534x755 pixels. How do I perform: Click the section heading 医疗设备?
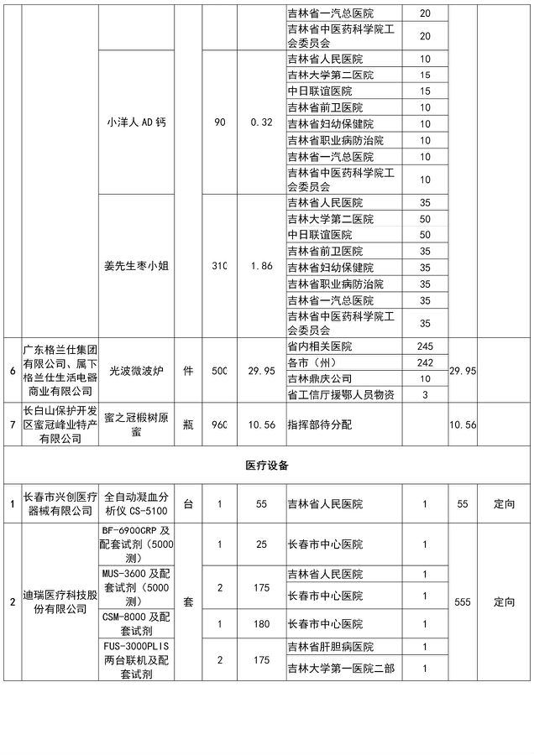coord(266,464)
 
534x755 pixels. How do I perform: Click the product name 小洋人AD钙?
coord(138,122)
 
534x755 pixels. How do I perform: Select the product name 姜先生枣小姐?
coord(138,266)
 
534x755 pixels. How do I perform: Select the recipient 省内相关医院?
coord(319,346)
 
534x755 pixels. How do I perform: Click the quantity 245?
coord(424,346)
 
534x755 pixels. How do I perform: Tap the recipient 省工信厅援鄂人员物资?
coord(340,394)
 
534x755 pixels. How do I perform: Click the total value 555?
coord(461,602)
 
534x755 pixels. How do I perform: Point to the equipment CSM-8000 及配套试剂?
coord(138,624)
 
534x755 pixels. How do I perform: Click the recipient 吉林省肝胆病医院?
coord(328,647)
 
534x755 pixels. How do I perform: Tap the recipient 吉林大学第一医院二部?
coord(340,668)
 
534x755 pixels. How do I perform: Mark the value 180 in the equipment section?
coord(261,624)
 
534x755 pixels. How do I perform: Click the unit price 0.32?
coord(261,122)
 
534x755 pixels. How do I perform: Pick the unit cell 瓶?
coord(188,424)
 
